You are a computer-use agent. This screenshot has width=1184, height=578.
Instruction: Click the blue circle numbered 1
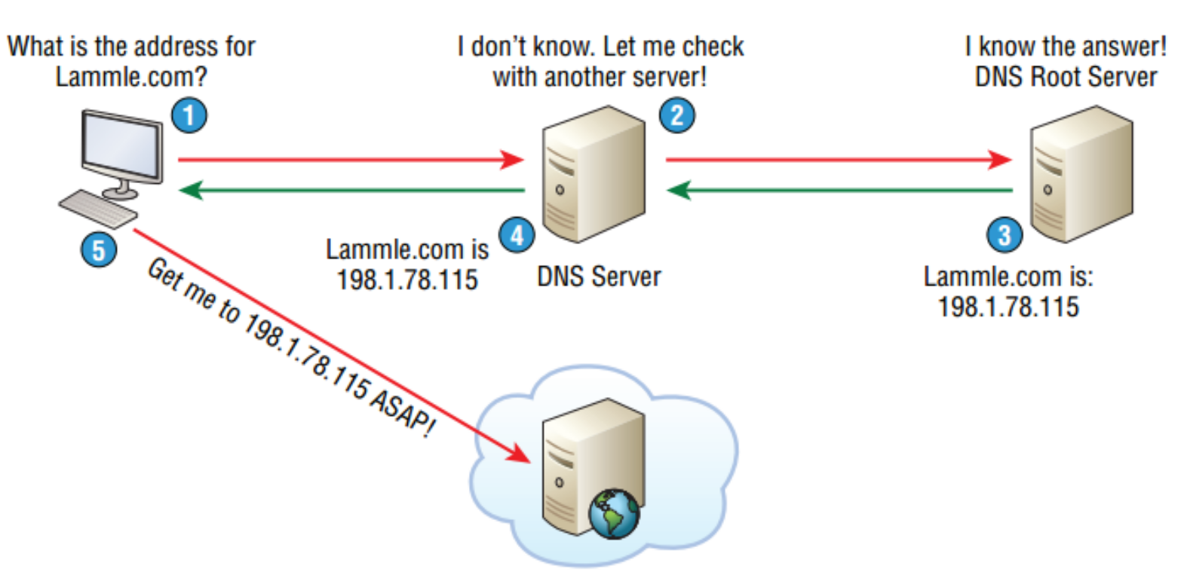pyautogui.click(x=189, y=115)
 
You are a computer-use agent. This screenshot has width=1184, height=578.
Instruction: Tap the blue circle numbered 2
pyautogui.click(x=676, y=115)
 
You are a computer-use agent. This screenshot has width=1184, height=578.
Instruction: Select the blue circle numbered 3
pyautogui.click(x=1004, y=234)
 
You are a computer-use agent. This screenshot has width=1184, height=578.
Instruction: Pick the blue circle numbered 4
pyautogui.click(x=517, y=235)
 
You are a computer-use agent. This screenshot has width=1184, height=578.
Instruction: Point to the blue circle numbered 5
pyautogui.click(x=98, y=249)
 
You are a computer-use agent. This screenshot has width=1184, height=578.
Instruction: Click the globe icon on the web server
pyautogui.click(x=614, y=514)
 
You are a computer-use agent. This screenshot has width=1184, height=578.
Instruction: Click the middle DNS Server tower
pyautogui.click(x=594, y=175)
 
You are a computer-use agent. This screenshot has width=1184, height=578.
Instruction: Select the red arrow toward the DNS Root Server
pyautogui.click(x=837, y=160)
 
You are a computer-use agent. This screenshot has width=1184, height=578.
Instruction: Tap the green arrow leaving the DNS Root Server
pyautogui.click(x=837, y=190)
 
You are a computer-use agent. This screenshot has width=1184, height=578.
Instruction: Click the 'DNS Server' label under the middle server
pyautogui.click(x=598, y=277)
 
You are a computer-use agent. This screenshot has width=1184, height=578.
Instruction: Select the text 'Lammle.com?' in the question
pyautogui.click(x=131, y=77)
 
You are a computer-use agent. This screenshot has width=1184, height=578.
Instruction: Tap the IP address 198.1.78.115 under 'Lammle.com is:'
pyautogui.click(x=1008, y=307)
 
